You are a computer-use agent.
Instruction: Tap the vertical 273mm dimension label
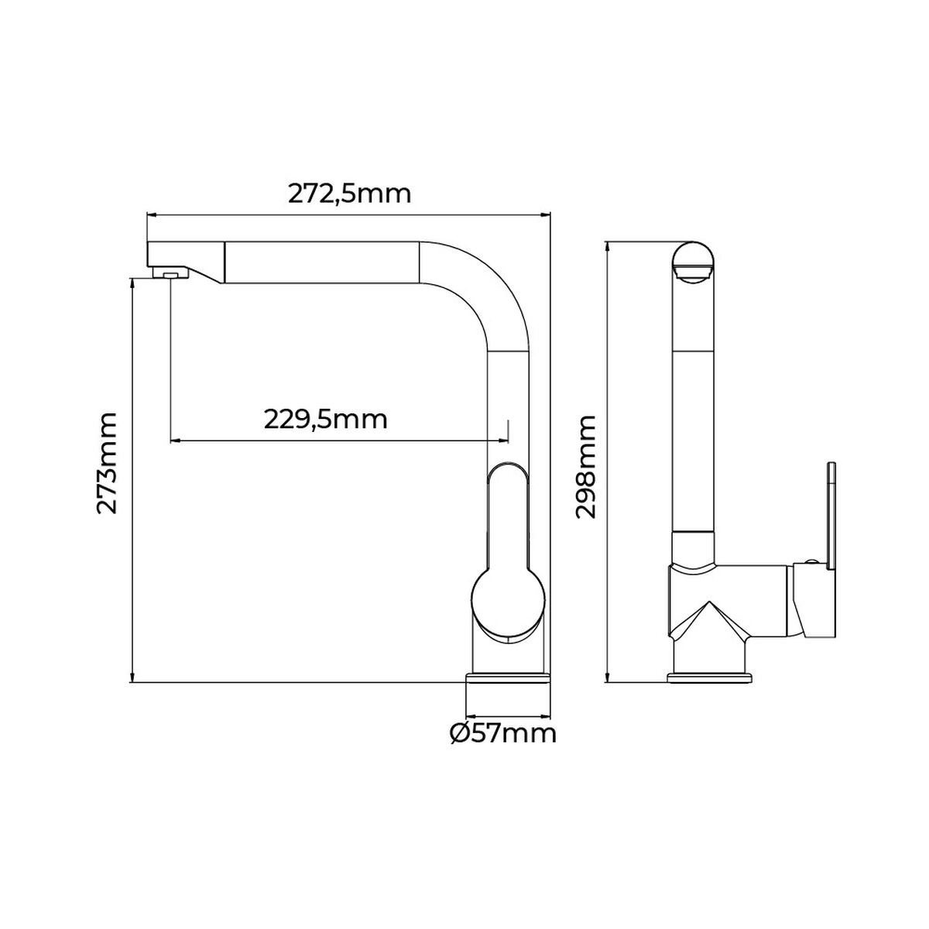(x=106, y=463)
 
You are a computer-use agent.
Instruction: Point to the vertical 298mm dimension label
(x=585, y=467)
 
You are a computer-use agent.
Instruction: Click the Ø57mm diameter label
(x=502, y=732)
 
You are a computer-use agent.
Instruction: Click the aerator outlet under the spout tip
(x=170, y=273)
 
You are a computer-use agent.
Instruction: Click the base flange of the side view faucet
(x=710, y=679)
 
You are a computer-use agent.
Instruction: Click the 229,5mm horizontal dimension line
(x=338, y=441)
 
